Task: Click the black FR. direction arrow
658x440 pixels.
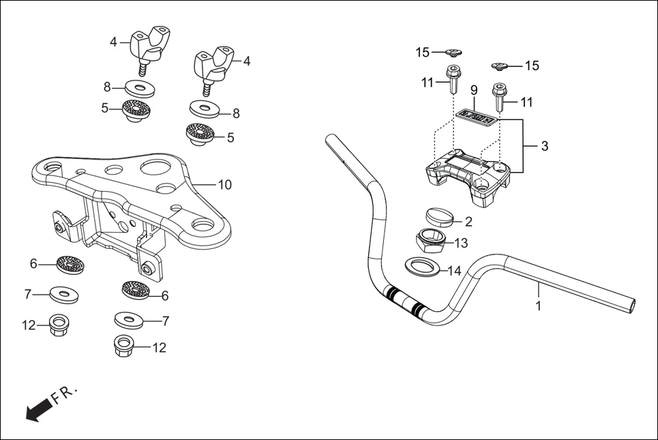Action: pos(39,409)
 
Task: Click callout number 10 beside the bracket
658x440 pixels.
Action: pos(224,184)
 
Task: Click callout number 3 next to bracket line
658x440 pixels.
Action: pos(544,146)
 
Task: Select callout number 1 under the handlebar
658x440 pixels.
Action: pos(538,306)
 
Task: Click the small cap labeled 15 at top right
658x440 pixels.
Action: pos(500,66)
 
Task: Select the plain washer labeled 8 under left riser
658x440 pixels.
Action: pos(139,89)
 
